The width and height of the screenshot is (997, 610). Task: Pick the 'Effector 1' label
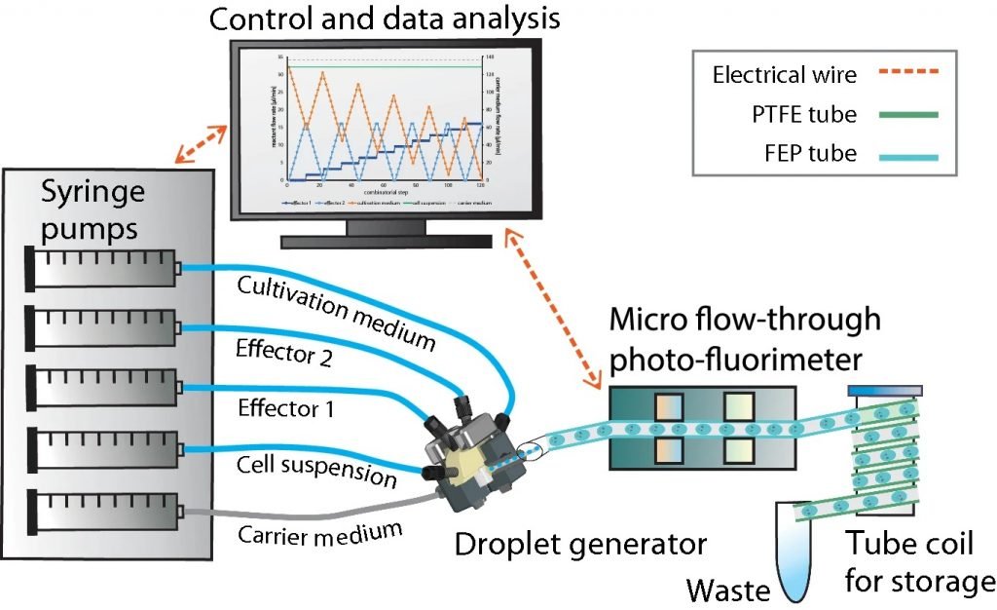[282, 409]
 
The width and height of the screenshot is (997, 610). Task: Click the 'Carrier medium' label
[321, 534]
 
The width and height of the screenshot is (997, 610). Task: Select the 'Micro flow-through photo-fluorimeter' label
[745, 339]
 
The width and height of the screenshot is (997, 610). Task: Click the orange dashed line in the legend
[904, 74]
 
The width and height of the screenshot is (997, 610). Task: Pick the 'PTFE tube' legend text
[798, 114]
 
